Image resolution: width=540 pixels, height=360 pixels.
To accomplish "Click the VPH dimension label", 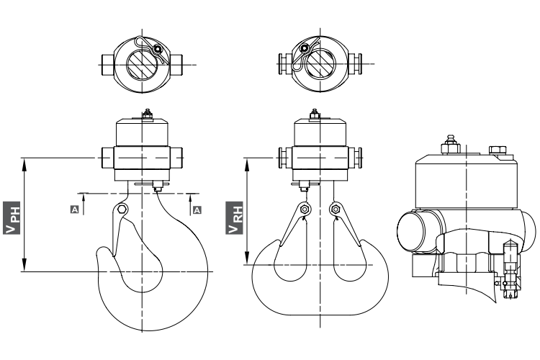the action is (x=12, y=218).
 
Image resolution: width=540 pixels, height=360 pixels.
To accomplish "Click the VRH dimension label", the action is (x=235, y=218).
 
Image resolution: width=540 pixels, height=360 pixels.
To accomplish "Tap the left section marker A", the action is (x=75, y=209).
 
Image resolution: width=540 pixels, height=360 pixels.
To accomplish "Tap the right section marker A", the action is (x=197, y=210).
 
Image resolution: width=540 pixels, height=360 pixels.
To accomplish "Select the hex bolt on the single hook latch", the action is (x=122, y=210).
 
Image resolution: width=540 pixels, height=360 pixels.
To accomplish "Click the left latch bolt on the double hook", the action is (x=304, y=209).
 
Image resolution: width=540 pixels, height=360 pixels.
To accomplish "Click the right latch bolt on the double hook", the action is (x=335, y=209).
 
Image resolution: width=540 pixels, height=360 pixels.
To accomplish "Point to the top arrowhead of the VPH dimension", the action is (x=24, y=165).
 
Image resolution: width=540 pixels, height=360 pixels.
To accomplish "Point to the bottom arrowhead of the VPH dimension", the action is (x=24, y=265).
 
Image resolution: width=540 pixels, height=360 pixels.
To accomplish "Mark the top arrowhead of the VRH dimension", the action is (x=247, y=165).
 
